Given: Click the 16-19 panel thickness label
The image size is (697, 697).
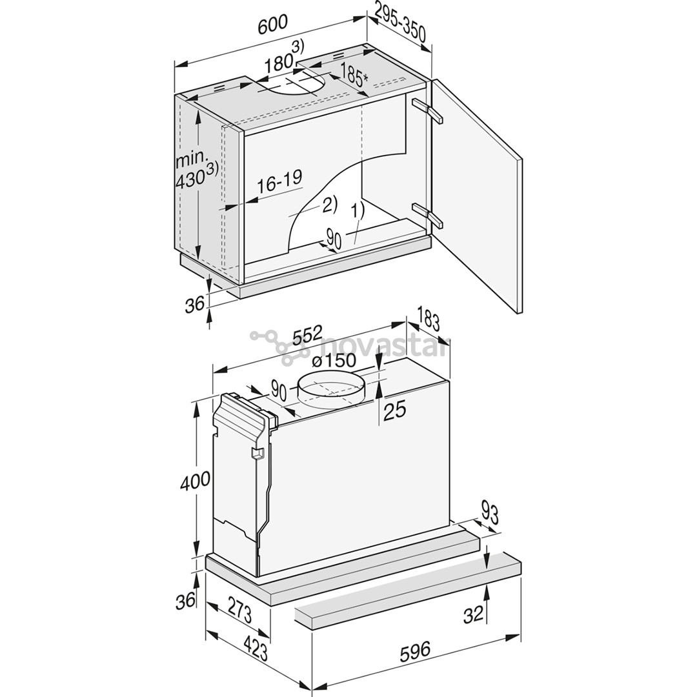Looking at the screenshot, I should [279, 180].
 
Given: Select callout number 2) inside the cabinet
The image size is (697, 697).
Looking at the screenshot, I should [328, 205].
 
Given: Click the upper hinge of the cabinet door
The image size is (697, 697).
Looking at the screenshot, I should [428, 110].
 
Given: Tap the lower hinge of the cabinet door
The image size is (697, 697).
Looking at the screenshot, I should [427, 214].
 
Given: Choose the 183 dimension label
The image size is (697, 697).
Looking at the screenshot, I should [428, 321].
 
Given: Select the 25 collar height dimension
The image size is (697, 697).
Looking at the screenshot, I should [394, 410].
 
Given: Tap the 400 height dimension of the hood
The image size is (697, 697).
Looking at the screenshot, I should [196, 480].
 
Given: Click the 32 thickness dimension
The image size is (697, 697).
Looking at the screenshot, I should [473, 614].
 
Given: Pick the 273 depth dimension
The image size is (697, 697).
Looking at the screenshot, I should [240, 611].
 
